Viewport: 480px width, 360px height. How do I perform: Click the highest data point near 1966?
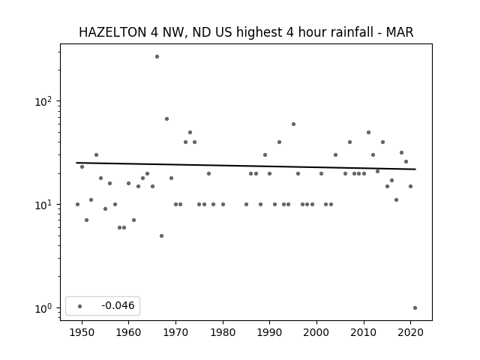pyautogui.click(x=157, y=57)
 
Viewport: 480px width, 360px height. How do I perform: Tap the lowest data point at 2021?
pyautogui.click(x=415, y=308)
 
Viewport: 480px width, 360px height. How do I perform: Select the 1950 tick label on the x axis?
pyautogui.click(x=82, y=333)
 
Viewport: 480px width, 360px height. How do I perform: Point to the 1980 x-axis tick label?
pyautogui.click(x=223, y=333)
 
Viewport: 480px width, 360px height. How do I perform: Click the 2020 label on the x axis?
pyautogui.click(x=410, y=333)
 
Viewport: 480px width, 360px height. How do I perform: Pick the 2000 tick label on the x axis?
pyautogui.click(x=316, y=333)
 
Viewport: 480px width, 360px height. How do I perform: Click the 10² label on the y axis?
pyautogui.click(x=43, y=101)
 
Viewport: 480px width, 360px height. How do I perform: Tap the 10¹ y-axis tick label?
pyautogui.click(x=43, y=205)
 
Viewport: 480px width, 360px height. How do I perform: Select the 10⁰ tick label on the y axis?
pyautogui.click(x=43, y=308)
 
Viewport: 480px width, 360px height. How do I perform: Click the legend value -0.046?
pyautogui.click(x=118, y=305)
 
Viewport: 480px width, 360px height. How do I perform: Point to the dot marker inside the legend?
pyautogui.click(x=80, y=306)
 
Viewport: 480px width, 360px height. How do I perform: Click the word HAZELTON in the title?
pyautogui.click(x=112, y=32)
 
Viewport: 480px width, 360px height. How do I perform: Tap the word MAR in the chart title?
pyautogui.click(x=400, y=32)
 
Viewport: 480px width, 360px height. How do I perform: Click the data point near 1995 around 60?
pyautogui.click(x=293, y=124)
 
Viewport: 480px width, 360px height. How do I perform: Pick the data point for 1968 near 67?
pyautogui.click(x=166, y=118)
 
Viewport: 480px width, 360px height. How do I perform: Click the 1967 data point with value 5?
pyautogui.click(x=162, y=235)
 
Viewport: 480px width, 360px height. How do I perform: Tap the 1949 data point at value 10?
pyautogui.click(x=77, y=205)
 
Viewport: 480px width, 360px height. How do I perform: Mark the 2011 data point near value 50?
pyautogui.click(x=368, y=133)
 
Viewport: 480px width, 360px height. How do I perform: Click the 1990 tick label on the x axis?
pyautogui.click(x=270, y=333)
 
